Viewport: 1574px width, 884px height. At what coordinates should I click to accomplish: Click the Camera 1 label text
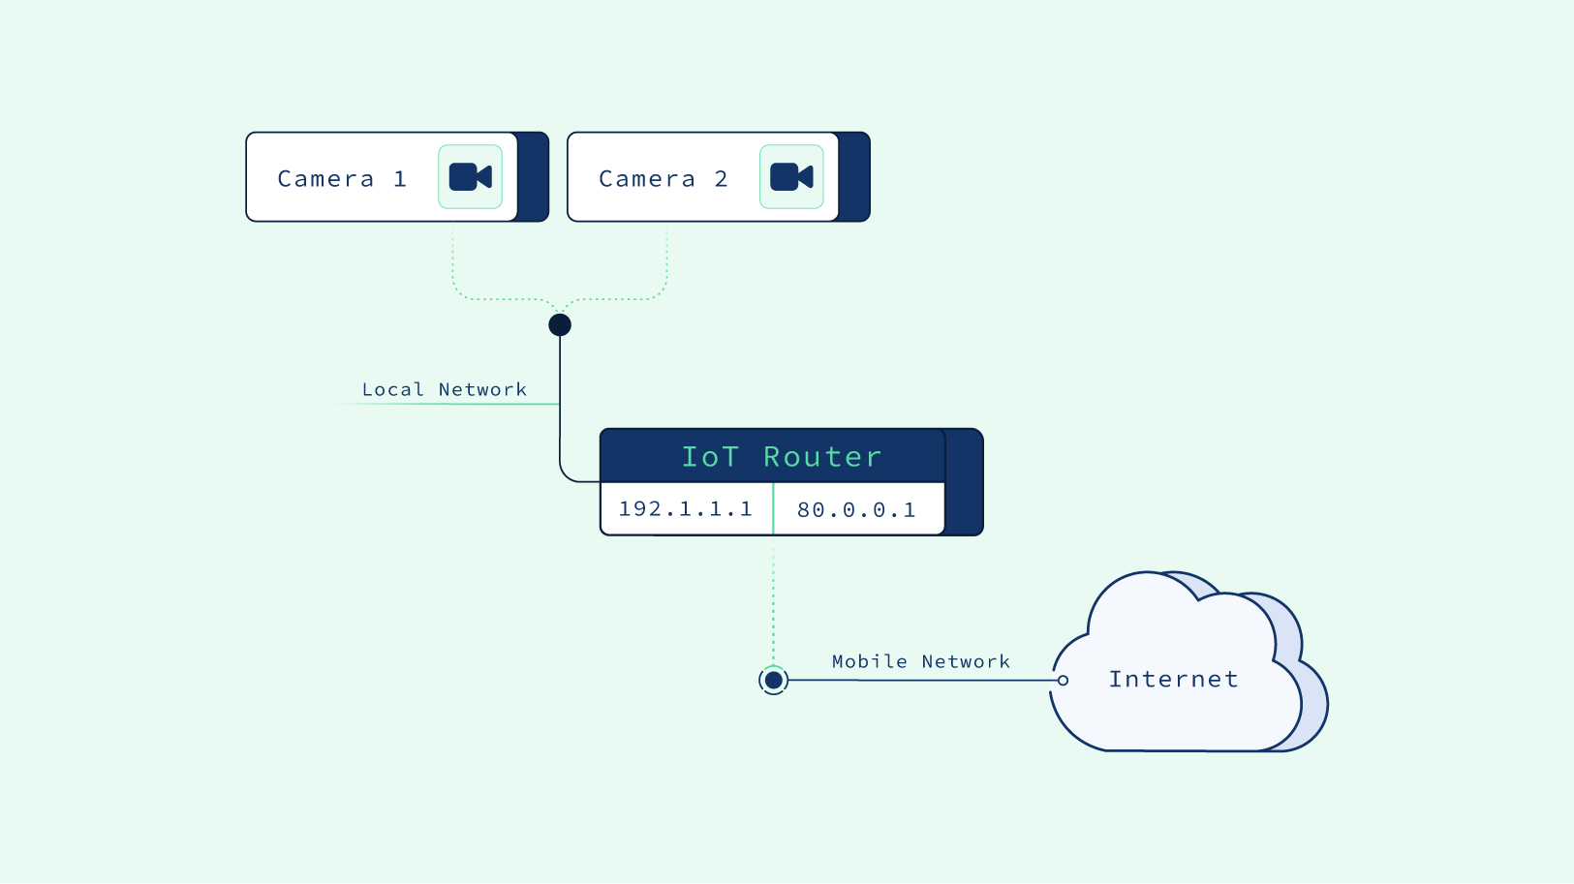tap(341, 179)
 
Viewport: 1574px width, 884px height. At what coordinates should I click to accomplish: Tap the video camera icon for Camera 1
tap(471, 177)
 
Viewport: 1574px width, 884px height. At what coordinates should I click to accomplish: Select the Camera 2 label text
tap(663, 179)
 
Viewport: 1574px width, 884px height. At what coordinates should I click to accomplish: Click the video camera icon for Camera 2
tap(791, 177)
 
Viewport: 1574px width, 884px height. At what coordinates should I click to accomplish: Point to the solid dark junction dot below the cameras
tap(560, 325)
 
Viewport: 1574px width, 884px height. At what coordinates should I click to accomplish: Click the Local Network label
tap(445, 389)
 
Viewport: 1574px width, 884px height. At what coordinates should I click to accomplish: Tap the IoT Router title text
tap(782, 456)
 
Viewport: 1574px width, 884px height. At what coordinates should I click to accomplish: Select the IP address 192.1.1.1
tap(686, 509)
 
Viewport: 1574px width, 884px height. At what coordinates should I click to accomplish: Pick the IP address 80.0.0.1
tap(856, 510)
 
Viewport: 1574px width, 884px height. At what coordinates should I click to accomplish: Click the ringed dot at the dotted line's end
tap(773, 681)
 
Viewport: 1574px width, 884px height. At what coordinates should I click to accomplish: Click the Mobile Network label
tap(920, 661)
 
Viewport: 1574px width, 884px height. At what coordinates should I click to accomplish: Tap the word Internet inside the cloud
tap(1173, 679)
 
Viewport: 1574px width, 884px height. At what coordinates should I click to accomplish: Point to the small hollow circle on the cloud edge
tap(1063, 681)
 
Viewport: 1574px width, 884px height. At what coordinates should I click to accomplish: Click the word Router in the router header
tap(822, 456)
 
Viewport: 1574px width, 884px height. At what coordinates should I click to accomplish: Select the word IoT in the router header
tap(710, 456)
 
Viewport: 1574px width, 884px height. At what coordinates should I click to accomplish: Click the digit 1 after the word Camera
tap(400, 179)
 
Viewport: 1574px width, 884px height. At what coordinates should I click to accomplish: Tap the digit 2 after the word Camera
tap(721, 179)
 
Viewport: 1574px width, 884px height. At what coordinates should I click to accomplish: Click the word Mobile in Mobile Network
tap(869, 661)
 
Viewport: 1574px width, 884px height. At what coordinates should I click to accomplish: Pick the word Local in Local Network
tap(392, 389)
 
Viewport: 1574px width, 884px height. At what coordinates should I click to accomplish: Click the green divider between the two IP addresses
tap(773, 509)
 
